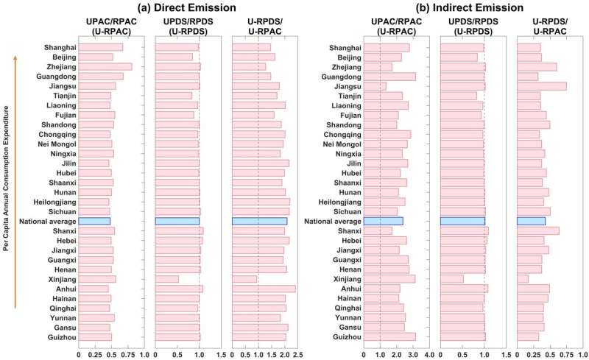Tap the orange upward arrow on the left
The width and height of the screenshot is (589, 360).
(17, 184)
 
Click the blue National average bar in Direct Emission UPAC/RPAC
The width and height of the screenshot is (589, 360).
(94, 221)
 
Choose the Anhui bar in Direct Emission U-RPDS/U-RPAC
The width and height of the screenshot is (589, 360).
(264, 289)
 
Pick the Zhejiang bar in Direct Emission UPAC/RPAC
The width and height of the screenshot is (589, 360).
(105, 66)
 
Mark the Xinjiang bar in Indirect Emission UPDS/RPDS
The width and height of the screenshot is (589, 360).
(451, 279)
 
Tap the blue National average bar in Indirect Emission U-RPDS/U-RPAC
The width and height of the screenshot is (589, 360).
(532, 221)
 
